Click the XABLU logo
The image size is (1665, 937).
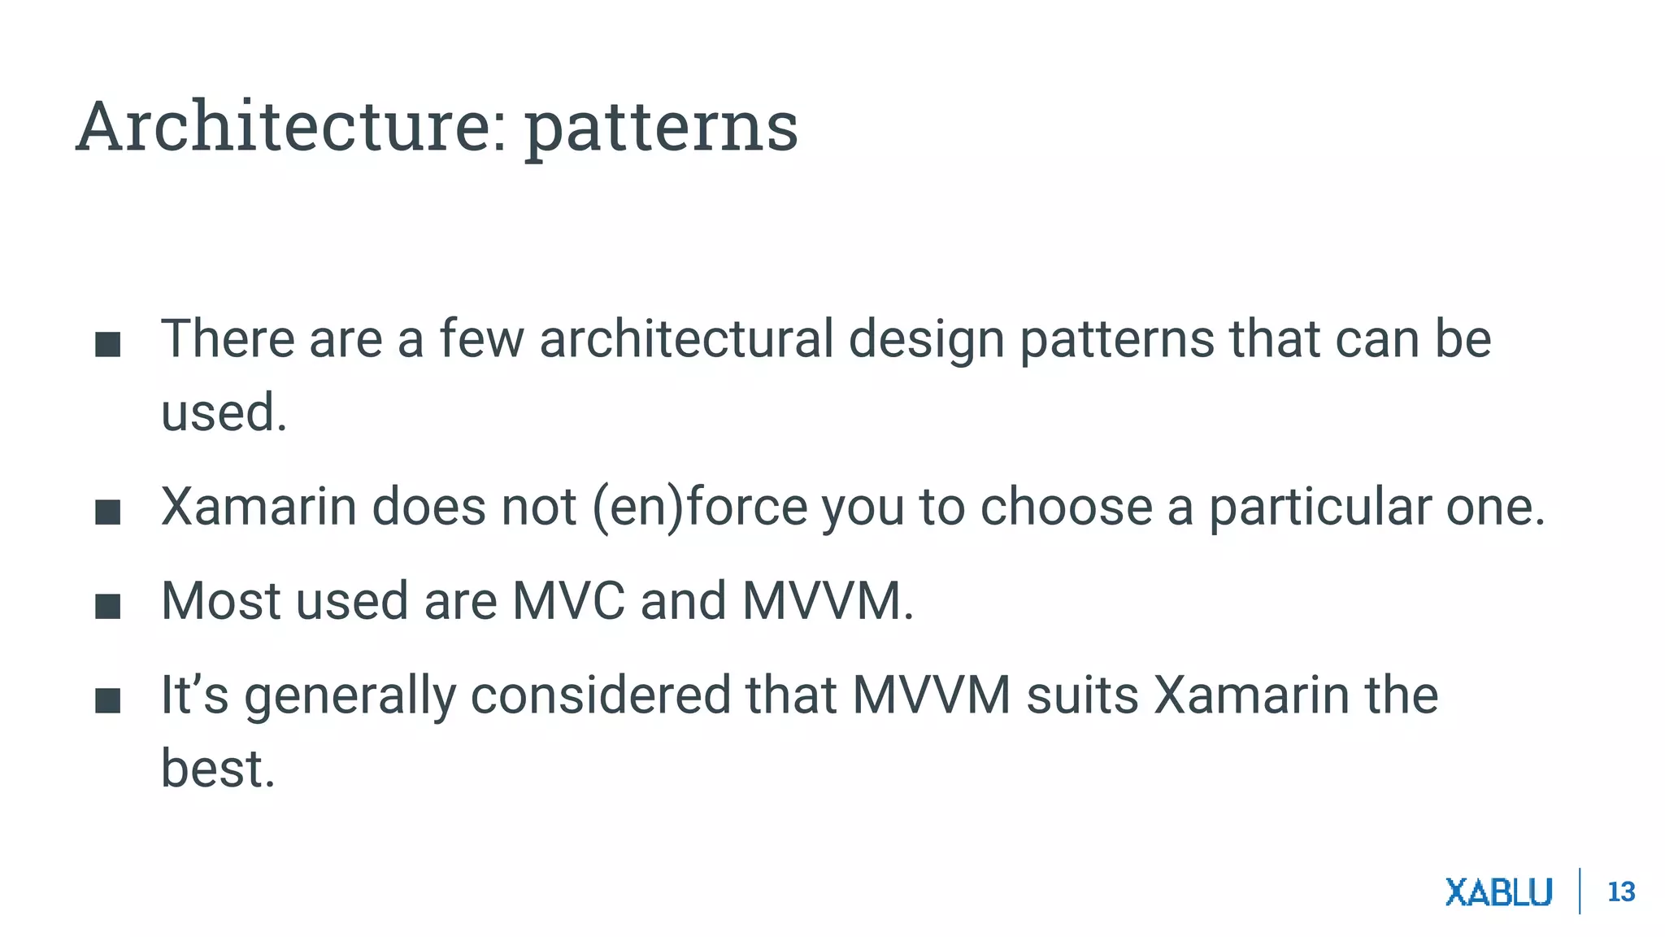[x=1498, y=892]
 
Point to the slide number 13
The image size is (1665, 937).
[x=1621, y=892]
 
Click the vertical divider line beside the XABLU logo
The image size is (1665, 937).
[x=1580, y=891]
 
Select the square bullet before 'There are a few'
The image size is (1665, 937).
[x=108, y=344]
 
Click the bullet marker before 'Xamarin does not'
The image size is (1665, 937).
[x=108, y=512]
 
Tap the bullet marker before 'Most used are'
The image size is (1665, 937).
[x=108, y=606]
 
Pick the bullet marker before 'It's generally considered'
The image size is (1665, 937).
[x=108, y=700]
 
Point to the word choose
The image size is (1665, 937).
[x=1066, y=508]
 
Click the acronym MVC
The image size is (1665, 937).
[x=568, y=601]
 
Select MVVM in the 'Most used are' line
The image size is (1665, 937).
[x=822, y=601]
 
